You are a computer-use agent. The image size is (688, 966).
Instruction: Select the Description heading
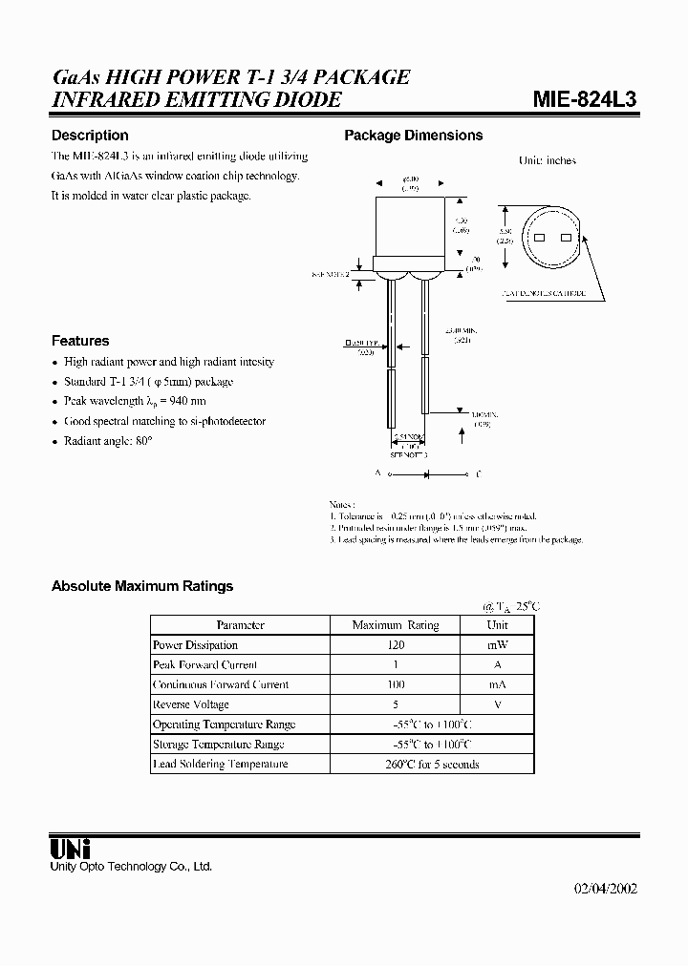pyautogui.click(x=90, y=136)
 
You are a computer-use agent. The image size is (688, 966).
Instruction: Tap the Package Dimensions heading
pyautogui.click(x=413, y=136)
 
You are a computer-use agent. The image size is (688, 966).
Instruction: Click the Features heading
pyautogui.click(x=80, y=341)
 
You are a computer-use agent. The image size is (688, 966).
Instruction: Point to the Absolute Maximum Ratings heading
pyautogui.click(x=142, y=586)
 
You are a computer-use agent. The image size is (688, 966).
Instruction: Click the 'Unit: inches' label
pyautogui.click(x=547, y=160)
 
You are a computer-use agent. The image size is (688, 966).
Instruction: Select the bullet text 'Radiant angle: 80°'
pyautogui.click(x=108, y=441)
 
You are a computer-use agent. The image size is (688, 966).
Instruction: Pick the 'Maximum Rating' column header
pyautogui.click(x=396, y=625)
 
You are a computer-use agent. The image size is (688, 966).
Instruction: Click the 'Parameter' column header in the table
pyautogui.click(x=240, y=625)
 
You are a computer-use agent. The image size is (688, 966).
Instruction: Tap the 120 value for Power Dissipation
pyautogui.click(x=396, y=645)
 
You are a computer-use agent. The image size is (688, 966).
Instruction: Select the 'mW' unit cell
pyautogui.click(x=497, y=645)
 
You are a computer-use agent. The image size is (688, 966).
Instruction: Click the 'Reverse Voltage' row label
pyautogui.click(x=191, y=704)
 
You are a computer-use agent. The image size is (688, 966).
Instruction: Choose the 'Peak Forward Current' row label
pyautogui.click(x=204, y=664)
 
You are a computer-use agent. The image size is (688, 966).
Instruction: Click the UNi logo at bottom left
pyautogui.click(x=69, y=848)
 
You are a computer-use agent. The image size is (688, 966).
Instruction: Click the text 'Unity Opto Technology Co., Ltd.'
pyautogui.click(x=131, y=867)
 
